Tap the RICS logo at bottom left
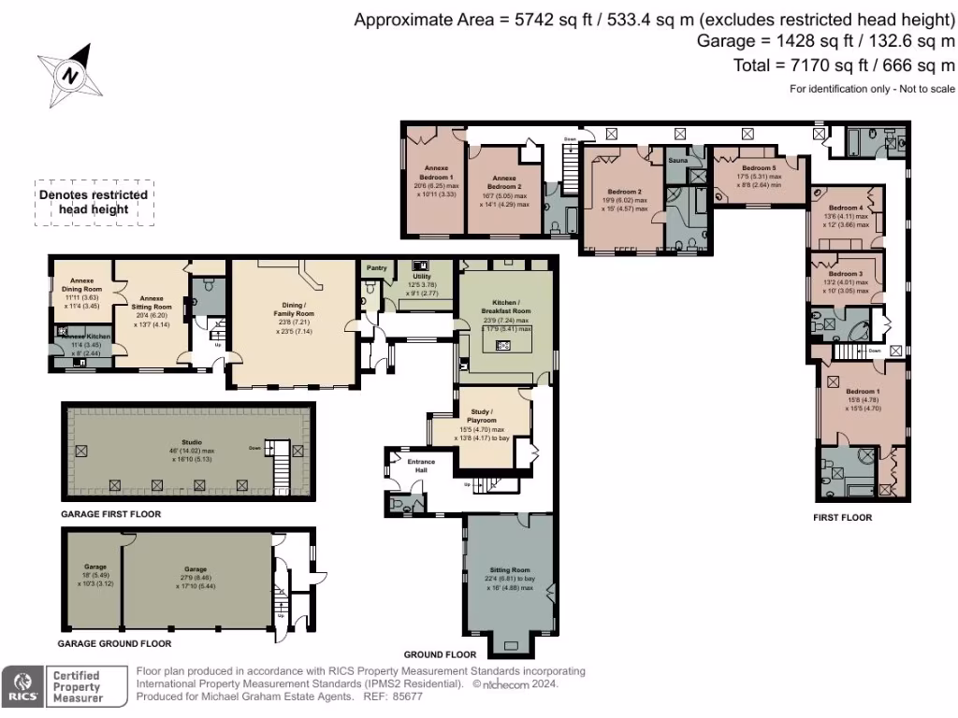click(23, 686)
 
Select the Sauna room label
click(678, 161)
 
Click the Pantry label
click(377, 266)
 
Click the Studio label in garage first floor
click(191, 443)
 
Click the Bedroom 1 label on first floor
click(862, 391)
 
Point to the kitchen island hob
click(502, 345)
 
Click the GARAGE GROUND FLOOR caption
click(114, 644)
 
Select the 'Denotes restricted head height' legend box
click(94, 202)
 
